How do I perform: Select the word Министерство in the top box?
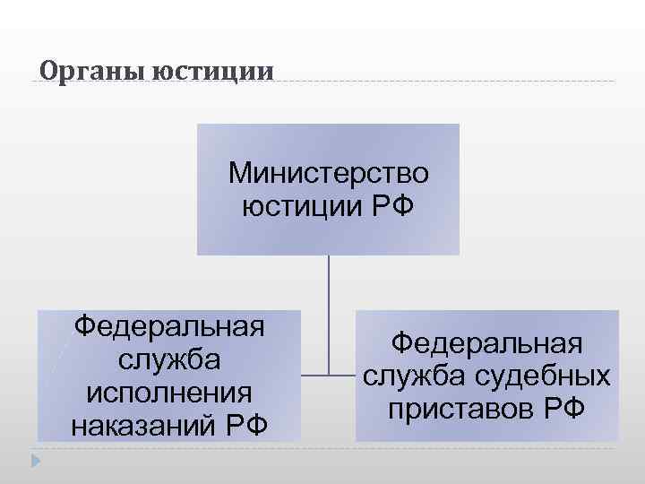[x=329, y=170]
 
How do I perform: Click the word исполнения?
[x=169, y=392]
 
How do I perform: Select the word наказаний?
[x=142, y=424]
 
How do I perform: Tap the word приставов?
[x=461, y=409]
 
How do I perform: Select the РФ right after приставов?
[x=563, y=409]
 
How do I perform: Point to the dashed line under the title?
[x=448, y=82]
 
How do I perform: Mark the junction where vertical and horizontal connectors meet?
[x=329, y=375]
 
